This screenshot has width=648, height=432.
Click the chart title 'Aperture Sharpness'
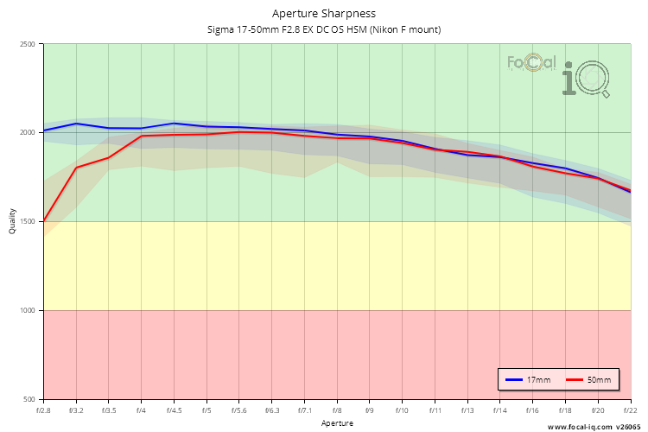pyautogui.click(x=324, y=14)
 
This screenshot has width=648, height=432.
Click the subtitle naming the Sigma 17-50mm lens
pyautogui.click(x=324, y=29)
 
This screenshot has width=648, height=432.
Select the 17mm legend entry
pyautogui.click(x=527, y=380)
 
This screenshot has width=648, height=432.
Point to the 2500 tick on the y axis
pyautogui.click(x=28, y=44)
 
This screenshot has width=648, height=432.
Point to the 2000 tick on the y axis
pyautogui.click(x=28, y=133)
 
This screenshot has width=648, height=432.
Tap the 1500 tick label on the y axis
pyautogui.click(x=28, y=222)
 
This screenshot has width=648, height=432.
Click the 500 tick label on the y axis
pyautogui.click(x=30, y=399)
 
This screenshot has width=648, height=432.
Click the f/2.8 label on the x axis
pyautogui.click(x=43, y=410)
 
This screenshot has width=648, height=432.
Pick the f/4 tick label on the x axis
pyautogui.click(x=141, y=410)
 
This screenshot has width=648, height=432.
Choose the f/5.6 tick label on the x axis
pyautogui.click(x=239, y=410)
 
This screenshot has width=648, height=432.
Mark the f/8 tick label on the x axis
pyautogui.click(x=337, y=410)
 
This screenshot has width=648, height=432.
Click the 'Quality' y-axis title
pyautogui.click(x=12, y=222)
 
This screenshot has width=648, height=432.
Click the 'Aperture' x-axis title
pyautogui.click(x=337, y=423)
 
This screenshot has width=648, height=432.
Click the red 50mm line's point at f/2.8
pyautogui.click(x=44, y=221)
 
